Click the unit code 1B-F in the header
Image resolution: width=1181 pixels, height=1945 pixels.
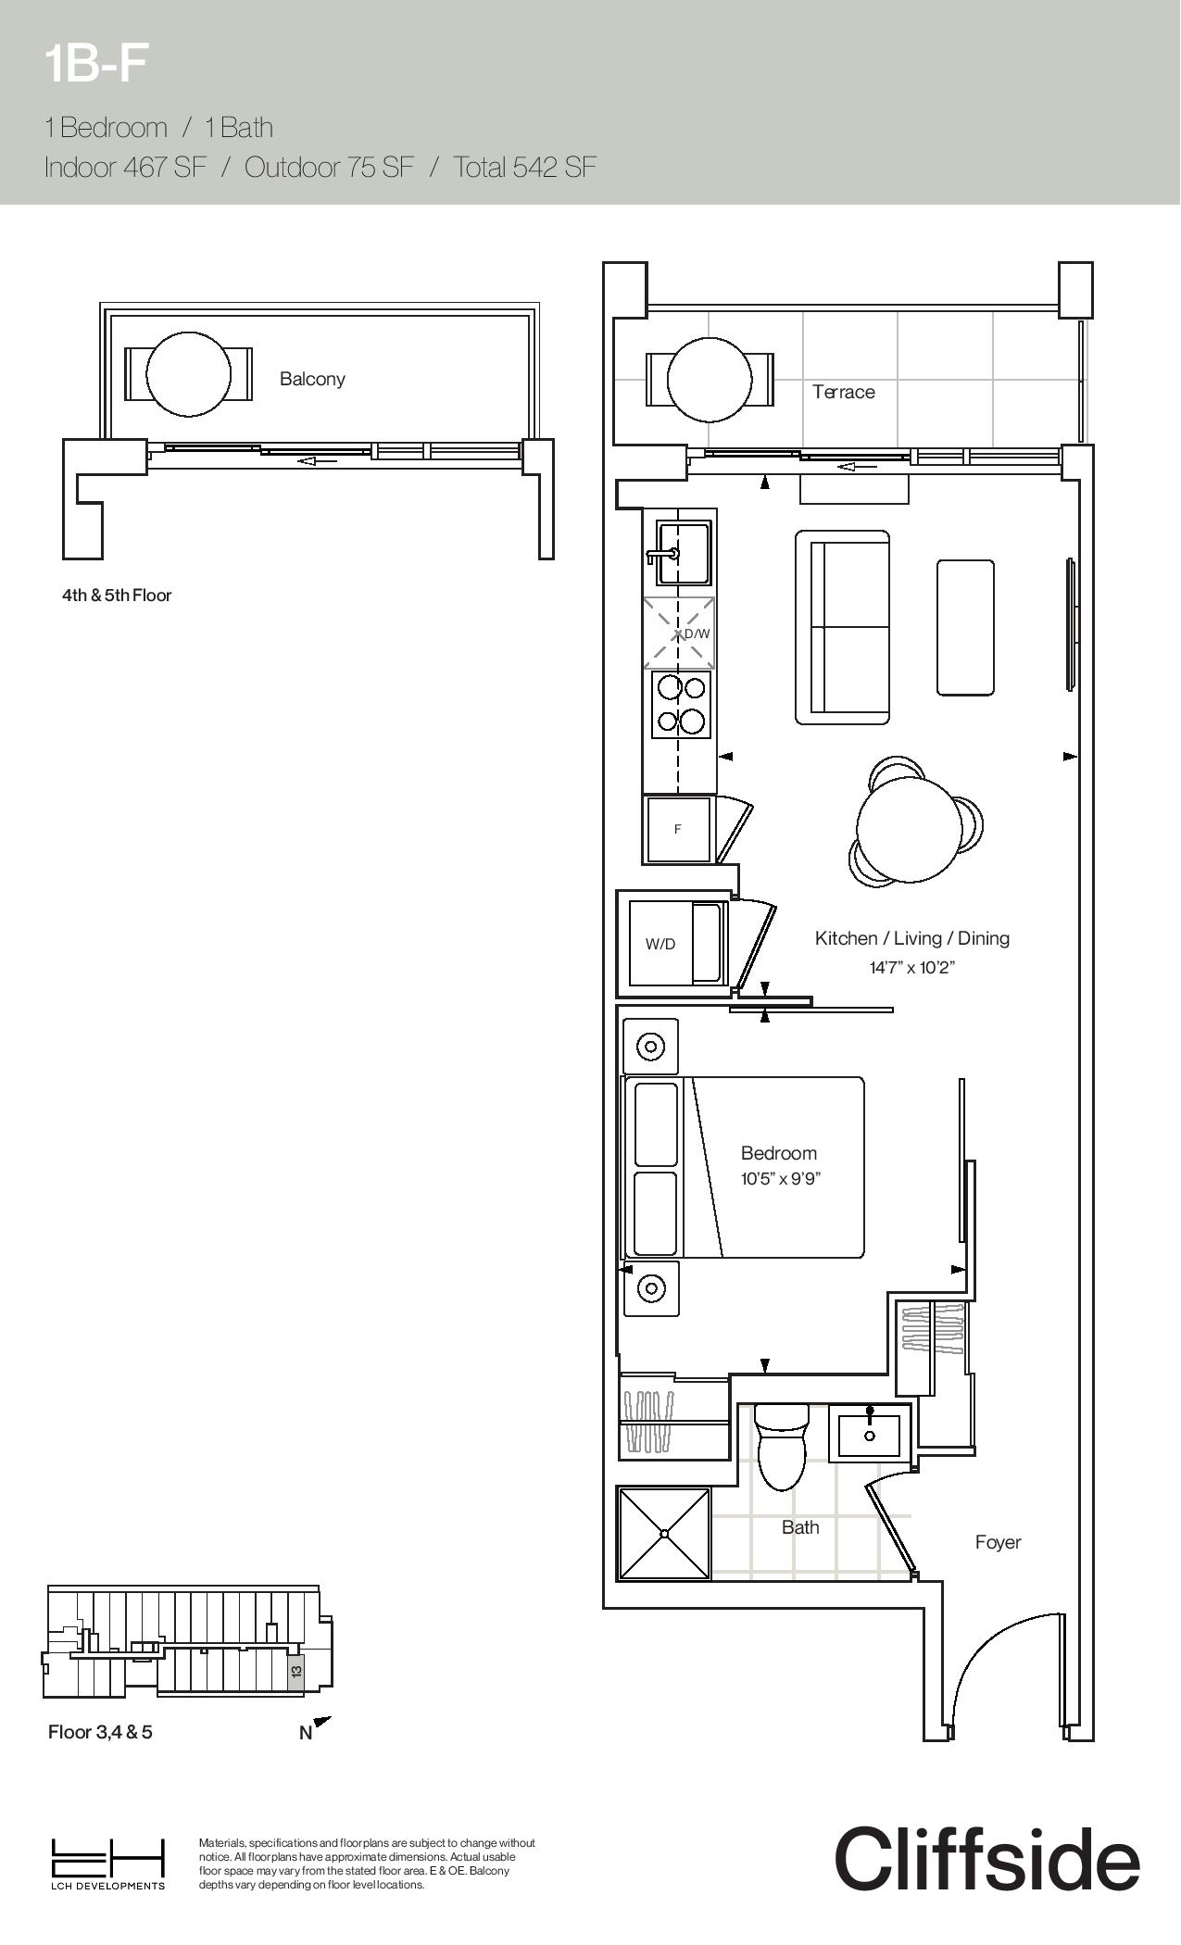95,65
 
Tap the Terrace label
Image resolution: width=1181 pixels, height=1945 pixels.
844,392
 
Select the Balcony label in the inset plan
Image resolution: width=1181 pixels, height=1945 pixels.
312,379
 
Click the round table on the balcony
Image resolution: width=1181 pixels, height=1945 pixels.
189,374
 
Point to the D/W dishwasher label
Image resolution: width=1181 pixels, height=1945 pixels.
697,634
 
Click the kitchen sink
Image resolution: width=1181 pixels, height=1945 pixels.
684,553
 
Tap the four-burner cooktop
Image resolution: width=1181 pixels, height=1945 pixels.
681,704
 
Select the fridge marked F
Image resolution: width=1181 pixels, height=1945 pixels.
678,829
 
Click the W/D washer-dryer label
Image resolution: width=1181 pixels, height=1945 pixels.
660,944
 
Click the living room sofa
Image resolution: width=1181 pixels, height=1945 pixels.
842,627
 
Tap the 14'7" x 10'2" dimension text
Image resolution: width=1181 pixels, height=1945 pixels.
912,968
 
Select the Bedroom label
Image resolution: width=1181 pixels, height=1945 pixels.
779,1153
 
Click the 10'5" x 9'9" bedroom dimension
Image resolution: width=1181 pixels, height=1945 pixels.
781,1179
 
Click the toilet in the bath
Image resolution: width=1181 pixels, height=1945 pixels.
782,1447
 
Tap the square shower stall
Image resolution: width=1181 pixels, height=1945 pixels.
665,1534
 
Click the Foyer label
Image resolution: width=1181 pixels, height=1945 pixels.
999,1542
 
